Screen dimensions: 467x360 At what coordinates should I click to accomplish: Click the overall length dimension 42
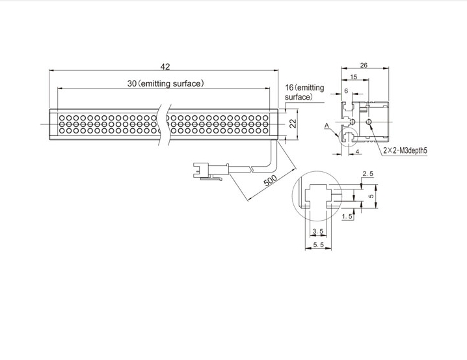click(x=165, y=66)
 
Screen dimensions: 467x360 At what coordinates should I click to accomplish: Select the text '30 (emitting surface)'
click(x=166, y=83)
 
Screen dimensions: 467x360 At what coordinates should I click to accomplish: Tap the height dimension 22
click(x=293, y=124)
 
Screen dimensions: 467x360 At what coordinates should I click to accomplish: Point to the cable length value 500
click(x=271, y=180)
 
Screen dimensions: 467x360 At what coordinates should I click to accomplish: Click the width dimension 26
click(x=364, y=65)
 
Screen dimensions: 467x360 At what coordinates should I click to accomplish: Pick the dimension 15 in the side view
click(x=354, y=77)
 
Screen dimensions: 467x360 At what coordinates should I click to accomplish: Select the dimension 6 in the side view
click(x=346, y=90)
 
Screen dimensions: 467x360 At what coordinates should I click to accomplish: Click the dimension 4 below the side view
click(x=357, y=152)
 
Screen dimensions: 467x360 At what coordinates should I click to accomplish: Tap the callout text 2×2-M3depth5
click(x=405, y=150)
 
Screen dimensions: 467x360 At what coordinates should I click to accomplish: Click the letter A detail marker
click(x=327, y=126)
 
